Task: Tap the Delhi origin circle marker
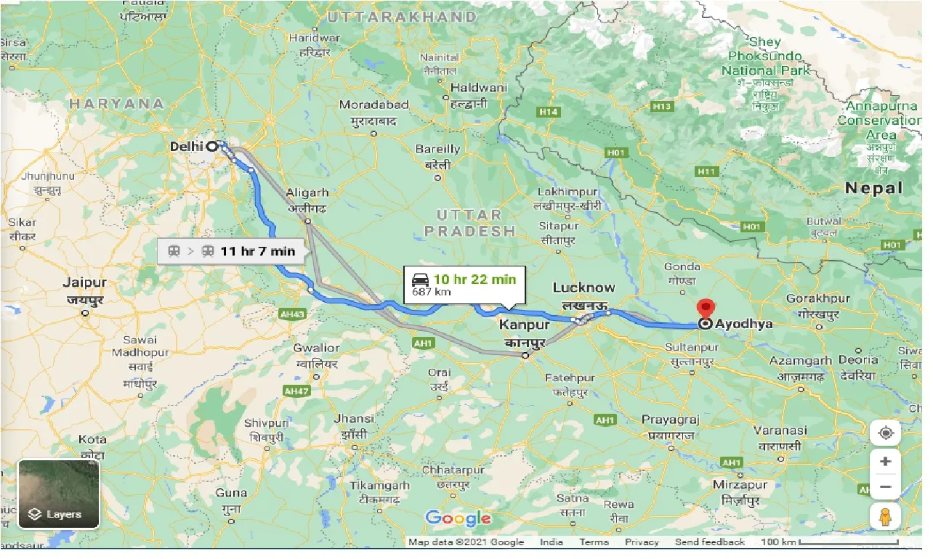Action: click(x=212, y=146)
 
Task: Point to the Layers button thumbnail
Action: click(x=59, y=494)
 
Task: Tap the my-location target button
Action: click(x=886, y=433)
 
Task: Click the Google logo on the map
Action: click(x=458, y=518)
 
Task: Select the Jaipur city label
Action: click(x=85, y=283)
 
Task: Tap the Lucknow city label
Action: click(x=583, y=287)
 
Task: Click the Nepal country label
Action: click(x=873, y=188)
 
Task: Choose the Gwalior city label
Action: click(x=316, y=348)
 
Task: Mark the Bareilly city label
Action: click(x=437, y=149)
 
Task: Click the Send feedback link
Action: click(x=709, y=542)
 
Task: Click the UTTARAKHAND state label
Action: click(x=402, y=16)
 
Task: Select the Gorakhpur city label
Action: click(x=817, y=298)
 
